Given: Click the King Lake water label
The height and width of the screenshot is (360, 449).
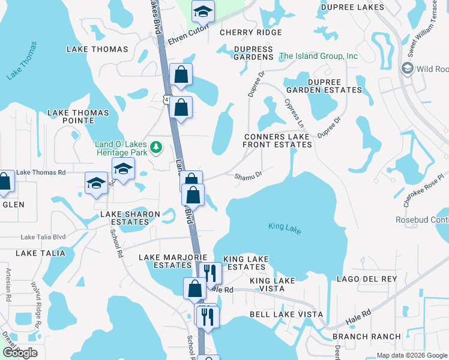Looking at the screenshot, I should [x=285, y=227].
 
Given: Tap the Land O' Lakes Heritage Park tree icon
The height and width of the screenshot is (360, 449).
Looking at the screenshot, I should [x=156, y=146].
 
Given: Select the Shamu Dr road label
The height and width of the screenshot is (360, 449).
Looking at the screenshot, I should [x=249, y=176].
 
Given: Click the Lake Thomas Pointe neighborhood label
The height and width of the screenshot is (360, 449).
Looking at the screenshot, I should [x=78, y=116].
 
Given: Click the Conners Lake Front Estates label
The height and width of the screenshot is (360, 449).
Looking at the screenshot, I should [x=277, y=140].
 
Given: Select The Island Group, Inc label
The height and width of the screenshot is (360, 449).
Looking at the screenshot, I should [x=318, y=56].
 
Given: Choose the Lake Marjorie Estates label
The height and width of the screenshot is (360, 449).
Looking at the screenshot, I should [x=165, y=261].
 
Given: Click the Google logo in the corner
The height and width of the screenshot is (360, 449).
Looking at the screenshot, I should [x=20, y=353].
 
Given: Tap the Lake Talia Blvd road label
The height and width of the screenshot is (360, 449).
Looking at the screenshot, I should [x=43, y=237].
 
